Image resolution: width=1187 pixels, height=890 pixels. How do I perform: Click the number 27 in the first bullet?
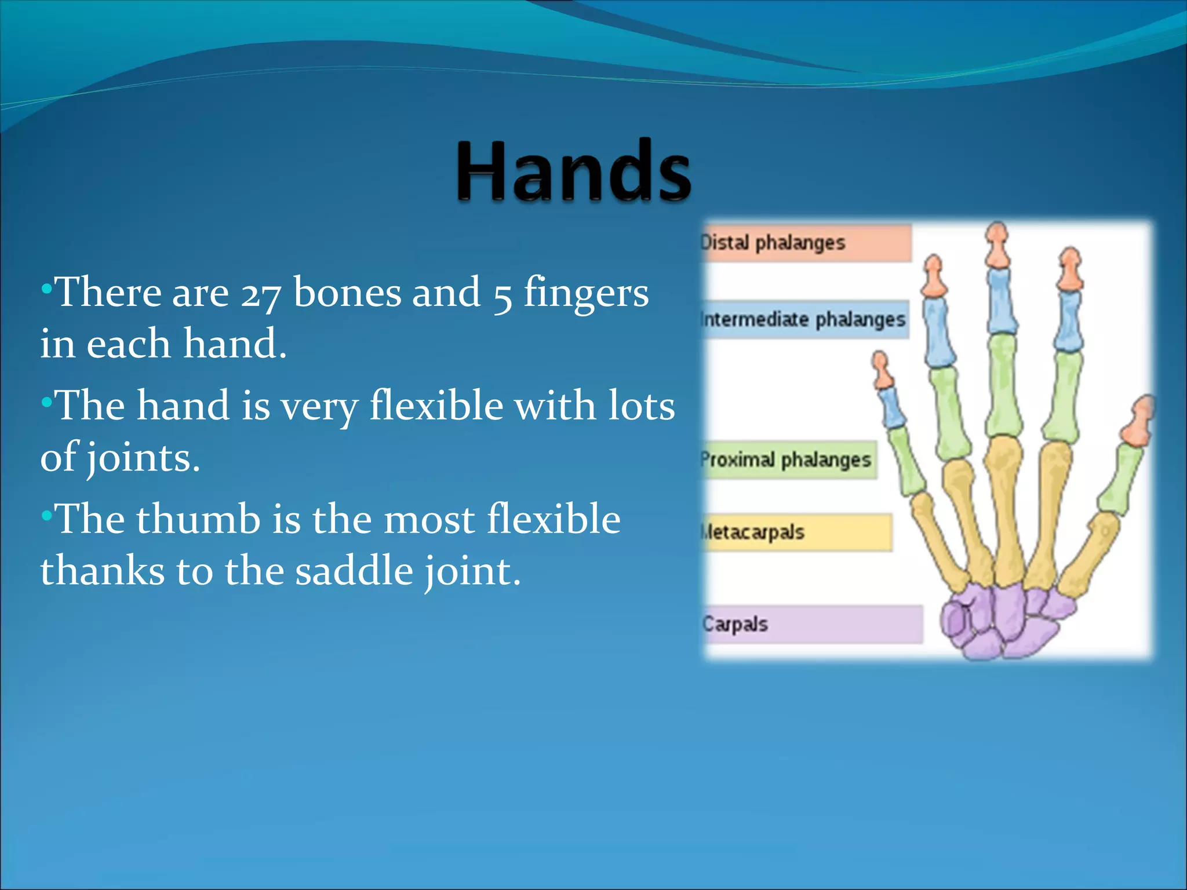[261, 293]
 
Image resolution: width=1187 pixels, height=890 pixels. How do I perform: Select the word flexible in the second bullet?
[436, 406]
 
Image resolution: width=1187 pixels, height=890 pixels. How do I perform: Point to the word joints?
[143, 458]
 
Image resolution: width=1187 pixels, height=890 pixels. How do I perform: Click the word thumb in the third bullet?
[198, 519]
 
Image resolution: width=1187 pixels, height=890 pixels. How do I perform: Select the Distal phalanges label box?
[806, 243]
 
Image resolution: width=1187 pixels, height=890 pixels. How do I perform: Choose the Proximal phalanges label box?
[788, 460]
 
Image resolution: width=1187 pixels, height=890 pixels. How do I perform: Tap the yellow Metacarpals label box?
[797, 532]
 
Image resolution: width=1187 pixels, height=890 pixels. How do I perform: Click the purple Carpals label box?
[811, 624]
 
